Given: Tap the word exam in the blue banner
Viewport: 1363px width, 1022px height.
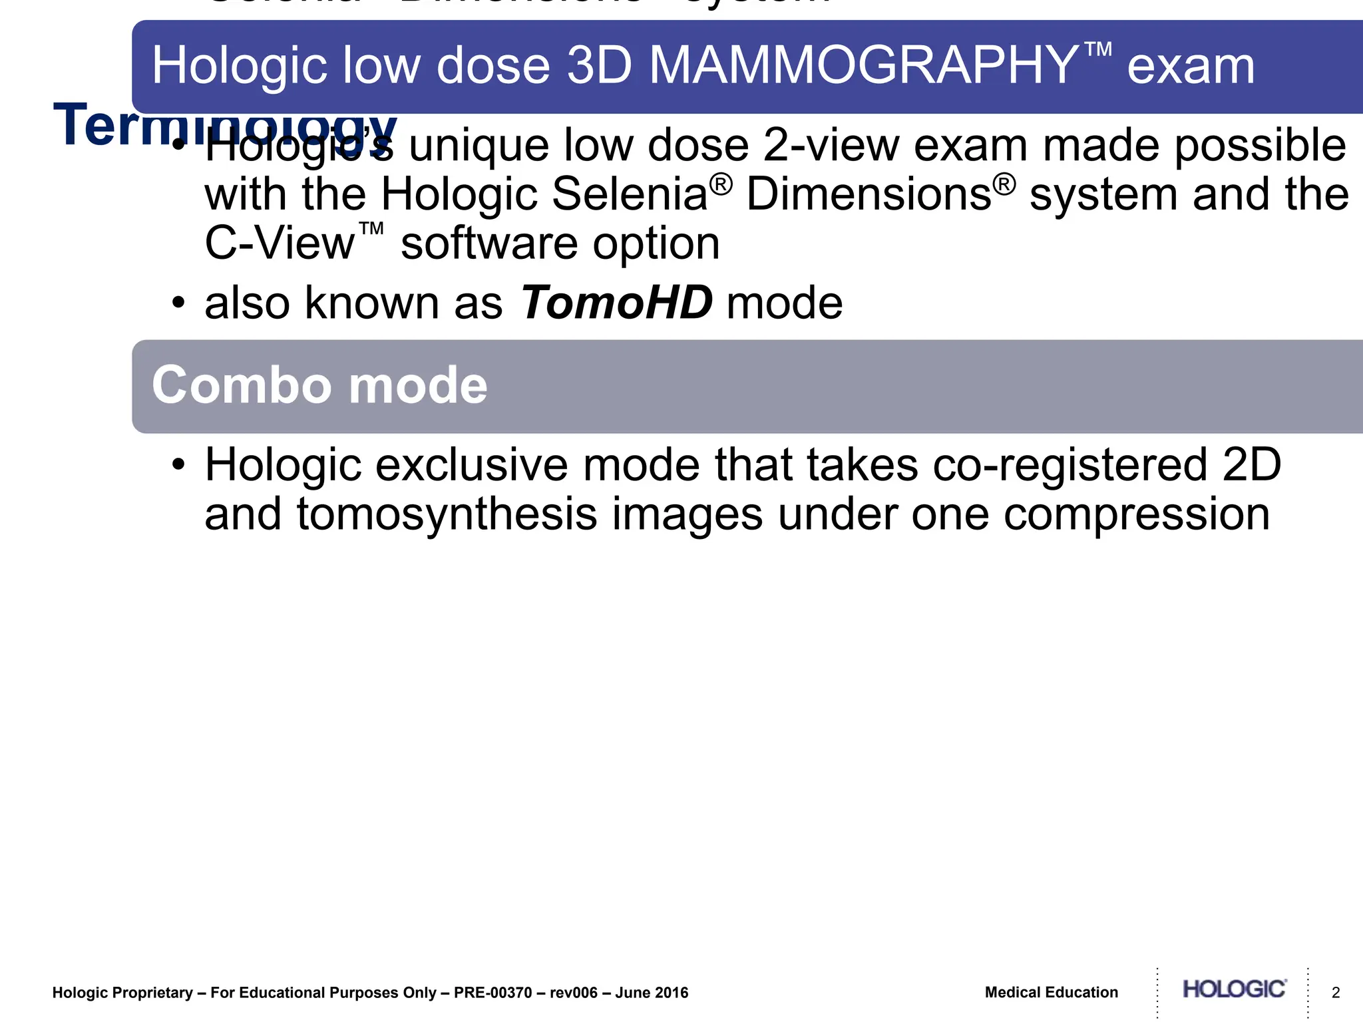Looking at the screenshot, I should click(1191, 67).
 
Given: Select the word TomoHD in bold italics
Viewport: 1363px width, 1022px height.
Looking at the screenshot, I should click(616, 303).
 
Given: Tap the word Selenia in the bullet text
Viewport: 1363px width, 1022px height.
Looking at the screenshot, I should click(630, 194).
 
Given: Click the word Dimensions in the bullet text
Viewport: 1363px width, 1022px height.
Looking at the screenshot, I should click(869, 194).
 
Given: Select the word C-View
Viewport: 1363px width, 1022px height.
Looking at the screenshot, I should click(280, 244).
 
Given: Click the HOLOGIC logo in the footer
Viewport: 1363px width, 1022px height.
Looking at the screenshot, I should click(1234, 989).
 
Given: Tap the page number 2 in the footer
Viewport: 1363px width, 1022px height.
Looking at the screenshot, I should click(1335, 993).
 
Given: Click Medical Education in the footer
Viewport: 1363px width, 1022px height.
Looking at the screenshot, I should click(1051, 993).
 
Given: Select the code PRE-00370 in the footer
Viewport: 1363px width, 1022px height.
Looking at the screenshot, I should click(492, 993).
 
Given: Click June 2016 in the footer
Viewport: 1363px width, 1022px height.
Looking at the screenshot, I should click(652, 993).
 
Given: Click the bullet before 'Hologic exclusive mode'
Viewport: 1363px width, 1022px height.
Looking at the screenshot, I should click(177, 465).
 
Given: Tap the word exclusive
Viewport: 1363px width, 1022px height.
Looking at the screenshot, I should click(472, 465).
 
